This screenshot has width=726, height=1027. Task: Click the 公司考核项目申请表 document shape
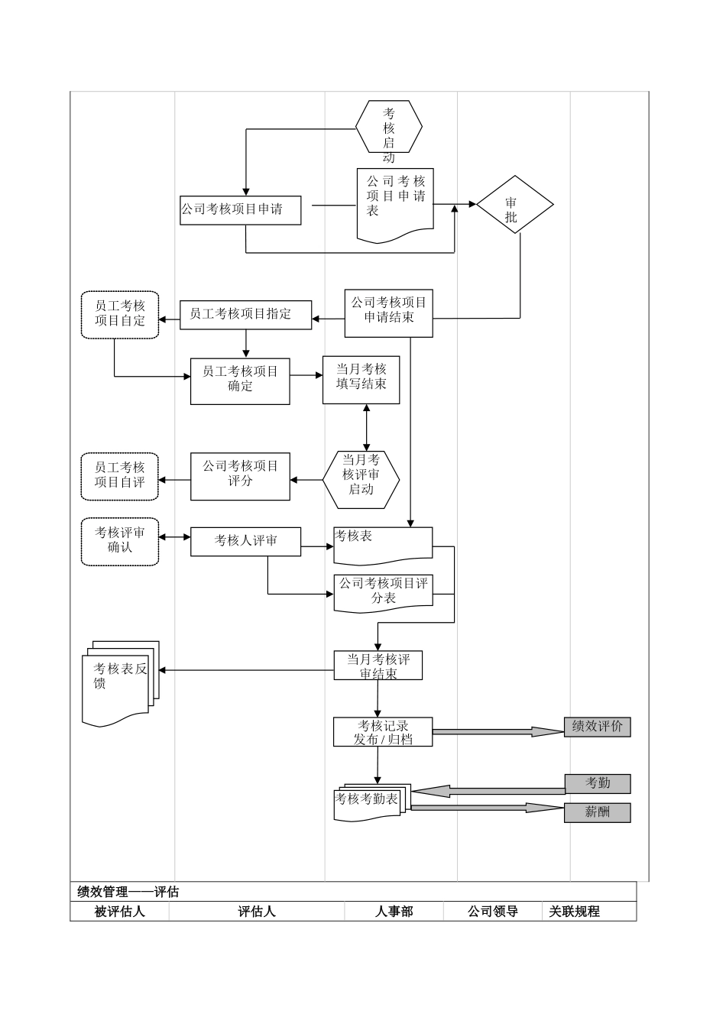[x=395, y=200]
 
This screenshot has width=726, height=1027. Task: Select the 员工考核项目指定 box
[x=245, y=314]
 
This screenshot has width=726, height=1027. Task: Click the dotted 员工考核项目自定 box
[x=120, y=314]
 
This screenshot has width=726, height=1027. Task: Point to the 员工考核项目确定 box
[x=240, y=380]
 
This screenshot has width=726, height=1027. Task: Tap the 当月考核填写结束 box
[x=361, y=378]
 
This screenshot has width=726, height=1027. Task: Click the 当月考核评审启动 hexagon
[x=361, y=479]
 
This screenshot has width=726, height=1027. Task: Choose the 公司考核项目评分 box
[x=240, y=477]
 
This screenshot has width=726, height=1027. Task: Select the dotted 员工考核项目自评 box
[x=120, y=477]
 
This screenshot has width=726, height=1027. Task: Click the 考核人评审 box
[x=245, y=542]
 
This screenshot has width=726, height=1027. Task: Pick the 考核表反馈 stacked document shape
[x=118, y=679]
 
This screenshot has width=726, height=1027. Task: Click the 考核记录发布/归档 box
[x=383, y=732]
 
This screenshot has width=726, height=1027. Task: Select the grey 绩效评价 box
[x=597, y=727]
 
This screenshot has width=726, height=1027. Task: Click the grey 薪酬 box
[x=597, y=812]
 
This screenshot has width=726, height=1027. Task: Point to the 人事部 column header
[x=394, y=911]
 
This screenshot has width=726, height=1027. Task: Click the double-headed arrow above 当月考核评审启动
[x=367, y=427]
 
